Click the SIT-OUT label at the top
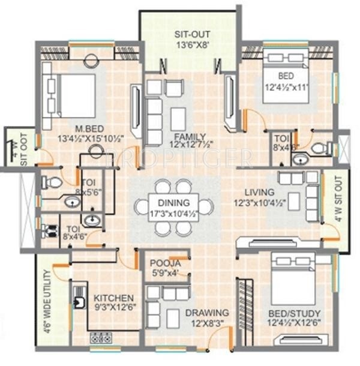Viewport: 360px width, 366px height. pyautogui.click(x=189, y=34)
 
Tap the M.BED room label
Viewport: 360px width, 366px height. pyautogui.click(x=80, y=128)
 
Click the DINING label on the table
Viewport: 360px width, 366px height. pyautogui.click(x=174, y=203)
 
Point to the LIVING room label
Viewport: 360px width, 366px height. pyautogui.click(x=259, y=192)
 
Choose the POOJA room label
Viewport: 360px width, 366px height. pyautogui.click(x=163, y=263)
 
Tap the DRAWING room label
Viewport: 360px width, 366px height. pyautogui.click(x=206, y=313)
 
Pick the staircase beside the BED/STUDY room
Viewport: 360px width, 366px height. pyautogui.click(x=246, y=312)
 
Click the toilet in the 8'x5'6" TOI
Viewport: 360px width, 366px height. pyautogui.click(x=53, y=182)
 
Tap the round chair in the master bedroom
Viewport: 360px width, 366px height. pyautogui.click(x=91, y=60)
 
